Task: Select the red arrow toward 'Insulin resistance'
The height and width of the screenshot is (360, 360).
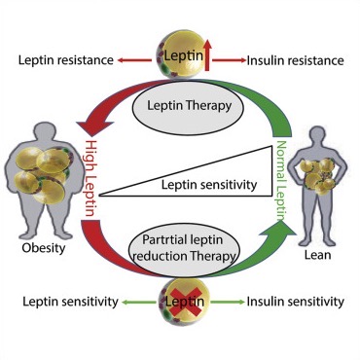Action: tap(230, 60)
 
